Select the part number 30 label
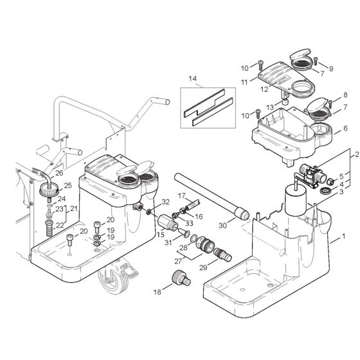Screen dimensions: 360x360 [222, 225]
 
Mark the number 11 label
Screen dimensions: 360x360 [243, 82]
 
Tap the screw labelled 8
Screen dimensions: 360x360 [330, 102]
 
